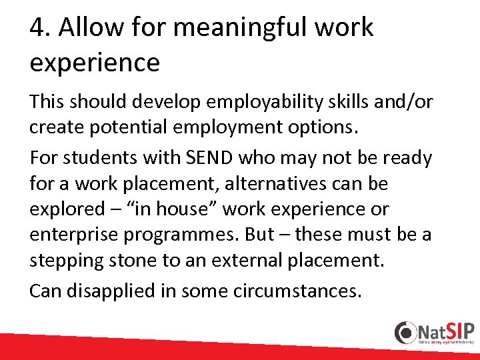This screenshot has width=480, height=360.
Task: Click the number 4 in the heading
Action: click(x=37, y=28)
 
